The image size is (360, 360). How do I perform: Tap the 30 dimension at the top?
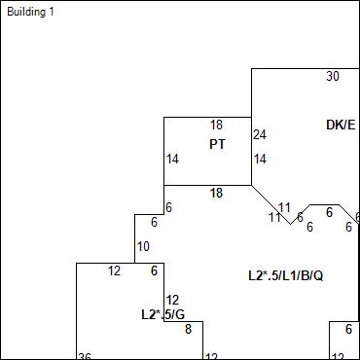333,76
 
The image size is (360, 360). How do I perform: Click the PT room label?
217,144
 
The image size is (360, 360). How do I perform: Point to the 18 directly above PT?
216,125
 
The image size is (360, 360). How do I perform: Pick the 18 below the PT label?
216,193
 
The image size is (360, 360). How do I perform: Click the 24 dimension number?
260,134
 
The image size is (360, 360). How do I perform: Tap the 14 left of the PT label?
172,159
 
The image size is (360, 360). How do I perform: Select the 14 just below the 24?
260,159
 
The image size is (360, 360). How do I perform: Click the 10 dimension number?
143,246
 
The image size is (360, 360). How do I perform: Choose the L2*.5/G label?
162,314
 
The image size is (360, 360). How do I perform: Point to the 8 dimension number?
188,330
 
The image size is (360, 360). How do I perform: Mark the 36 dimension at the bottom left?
85,356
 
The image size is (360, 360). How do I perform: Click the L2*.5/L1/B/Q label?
285,276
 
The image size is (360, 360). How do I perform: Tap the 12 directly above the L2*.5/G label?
172,300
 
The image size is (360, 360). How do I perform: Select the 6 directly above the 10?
168,208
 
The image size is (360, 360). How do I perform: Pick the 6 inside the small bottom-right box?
348,330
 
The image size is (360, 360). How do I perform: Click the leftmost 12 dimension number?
114,270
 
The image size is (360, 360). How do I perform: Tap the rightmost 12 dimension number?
338,356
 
